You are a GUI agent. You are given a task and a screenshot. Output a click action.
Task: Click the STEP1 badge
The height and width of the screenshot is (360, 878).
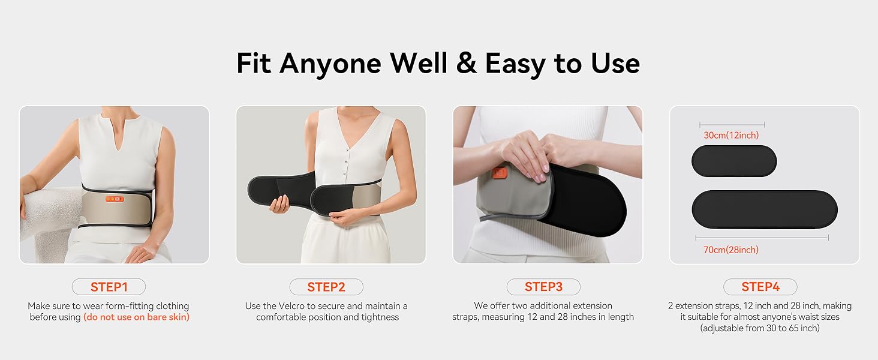109,287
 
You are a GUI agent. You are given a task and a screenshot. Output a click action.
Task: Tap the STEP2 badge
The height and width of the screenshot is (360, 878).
326,287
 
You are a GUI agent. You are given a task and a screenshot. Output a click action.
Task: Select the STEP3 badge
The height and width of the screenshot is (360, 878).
543,287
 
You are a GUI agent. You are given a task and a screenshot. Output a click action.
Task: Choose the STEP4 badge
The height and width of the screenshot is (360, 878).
760,287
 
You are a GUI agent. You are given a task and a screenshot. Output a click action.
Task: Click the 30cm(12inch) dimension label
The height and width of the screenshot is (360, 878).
731,136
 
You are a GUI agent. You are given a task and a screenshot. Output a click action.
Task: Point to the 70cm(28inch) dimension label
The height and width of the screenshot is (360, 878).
731,250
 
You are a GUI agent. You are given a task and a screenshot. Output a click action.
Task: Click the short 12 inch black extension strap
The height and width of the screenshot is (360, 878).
733,161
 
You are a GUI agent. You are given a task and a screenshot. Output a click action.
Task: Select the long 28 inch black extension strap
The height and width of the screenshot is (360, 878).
764,209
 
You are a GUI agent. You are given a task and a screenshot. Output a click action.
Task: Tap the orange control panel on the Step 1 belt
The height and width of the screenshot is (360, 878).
114,199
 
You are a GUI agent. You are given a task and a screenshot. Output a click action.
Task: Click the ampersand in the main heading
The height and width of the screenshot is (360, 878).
466,63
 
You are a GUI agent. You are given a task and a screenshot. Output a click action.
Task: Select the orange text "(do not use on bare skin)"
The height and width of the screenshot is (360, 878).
136,317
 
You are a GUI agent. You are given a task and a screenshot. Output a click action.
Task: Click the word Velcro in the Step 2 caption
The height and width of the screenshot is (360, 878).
292,306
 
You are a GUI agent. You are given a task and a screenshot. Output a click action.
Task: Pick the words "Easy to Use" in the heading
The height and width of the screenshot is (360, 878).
562,63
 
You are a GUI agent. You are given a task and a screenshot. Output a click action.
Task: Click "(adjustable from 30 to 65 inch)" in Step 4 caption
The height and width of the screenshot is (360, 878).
760,328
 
